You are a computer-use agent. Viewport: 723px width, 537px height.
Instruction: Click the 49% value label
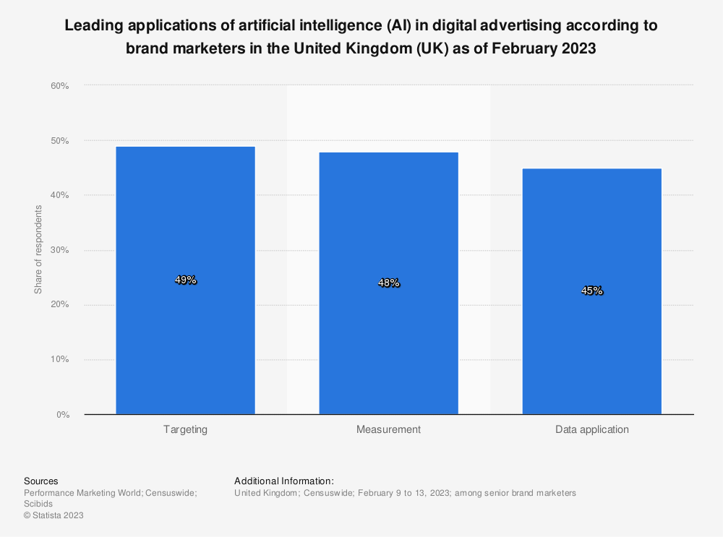click(186, 280)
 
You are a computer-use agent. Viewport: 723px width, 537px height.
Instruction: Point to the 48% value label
click(388, 283)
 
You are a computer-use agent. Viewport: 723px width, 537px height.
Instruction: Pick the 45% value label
click(591, 291)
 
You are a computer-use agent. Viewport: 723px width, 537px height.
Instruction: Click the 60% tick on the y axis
click(59, 86)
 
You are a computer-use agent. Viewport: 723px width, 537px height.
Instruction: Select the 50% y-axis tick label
click(59, 141)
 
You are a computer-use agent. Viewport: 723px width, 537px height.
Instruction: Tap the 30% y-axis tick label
click(59, 250)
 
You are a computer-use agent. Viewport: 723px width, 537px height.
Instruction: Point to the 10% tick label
click(59, 360)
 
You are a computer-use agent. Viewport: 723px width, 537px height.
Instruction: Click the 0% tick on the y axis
click(62, 415)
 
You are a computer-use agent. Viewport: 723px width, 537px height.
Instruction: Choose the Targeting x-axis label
click(185, 429)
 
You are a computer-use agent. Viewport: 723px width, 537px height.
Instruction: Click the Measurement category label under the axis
click(388, 429)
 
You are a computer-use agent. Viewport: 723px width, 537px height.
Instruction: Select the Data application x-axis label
click(591, 429)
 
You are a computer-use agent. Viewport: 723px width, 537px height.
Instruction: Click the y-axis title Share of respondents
click(38, 249)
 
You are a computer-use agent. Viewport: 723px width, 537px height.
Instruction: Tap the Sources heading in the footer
click(40, 481)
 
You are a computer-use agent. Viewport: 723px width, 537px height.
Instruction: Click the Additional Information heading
click(283, 481)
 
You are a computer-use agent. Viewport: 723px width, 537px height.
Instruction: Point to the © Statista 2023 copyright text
click(54, 515)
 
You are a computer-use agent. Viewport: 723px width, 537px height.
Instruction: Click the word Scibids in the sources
click(38, 504)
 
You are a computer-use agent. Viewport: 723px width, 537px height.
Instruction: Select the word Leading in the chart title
click(90, 26)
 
